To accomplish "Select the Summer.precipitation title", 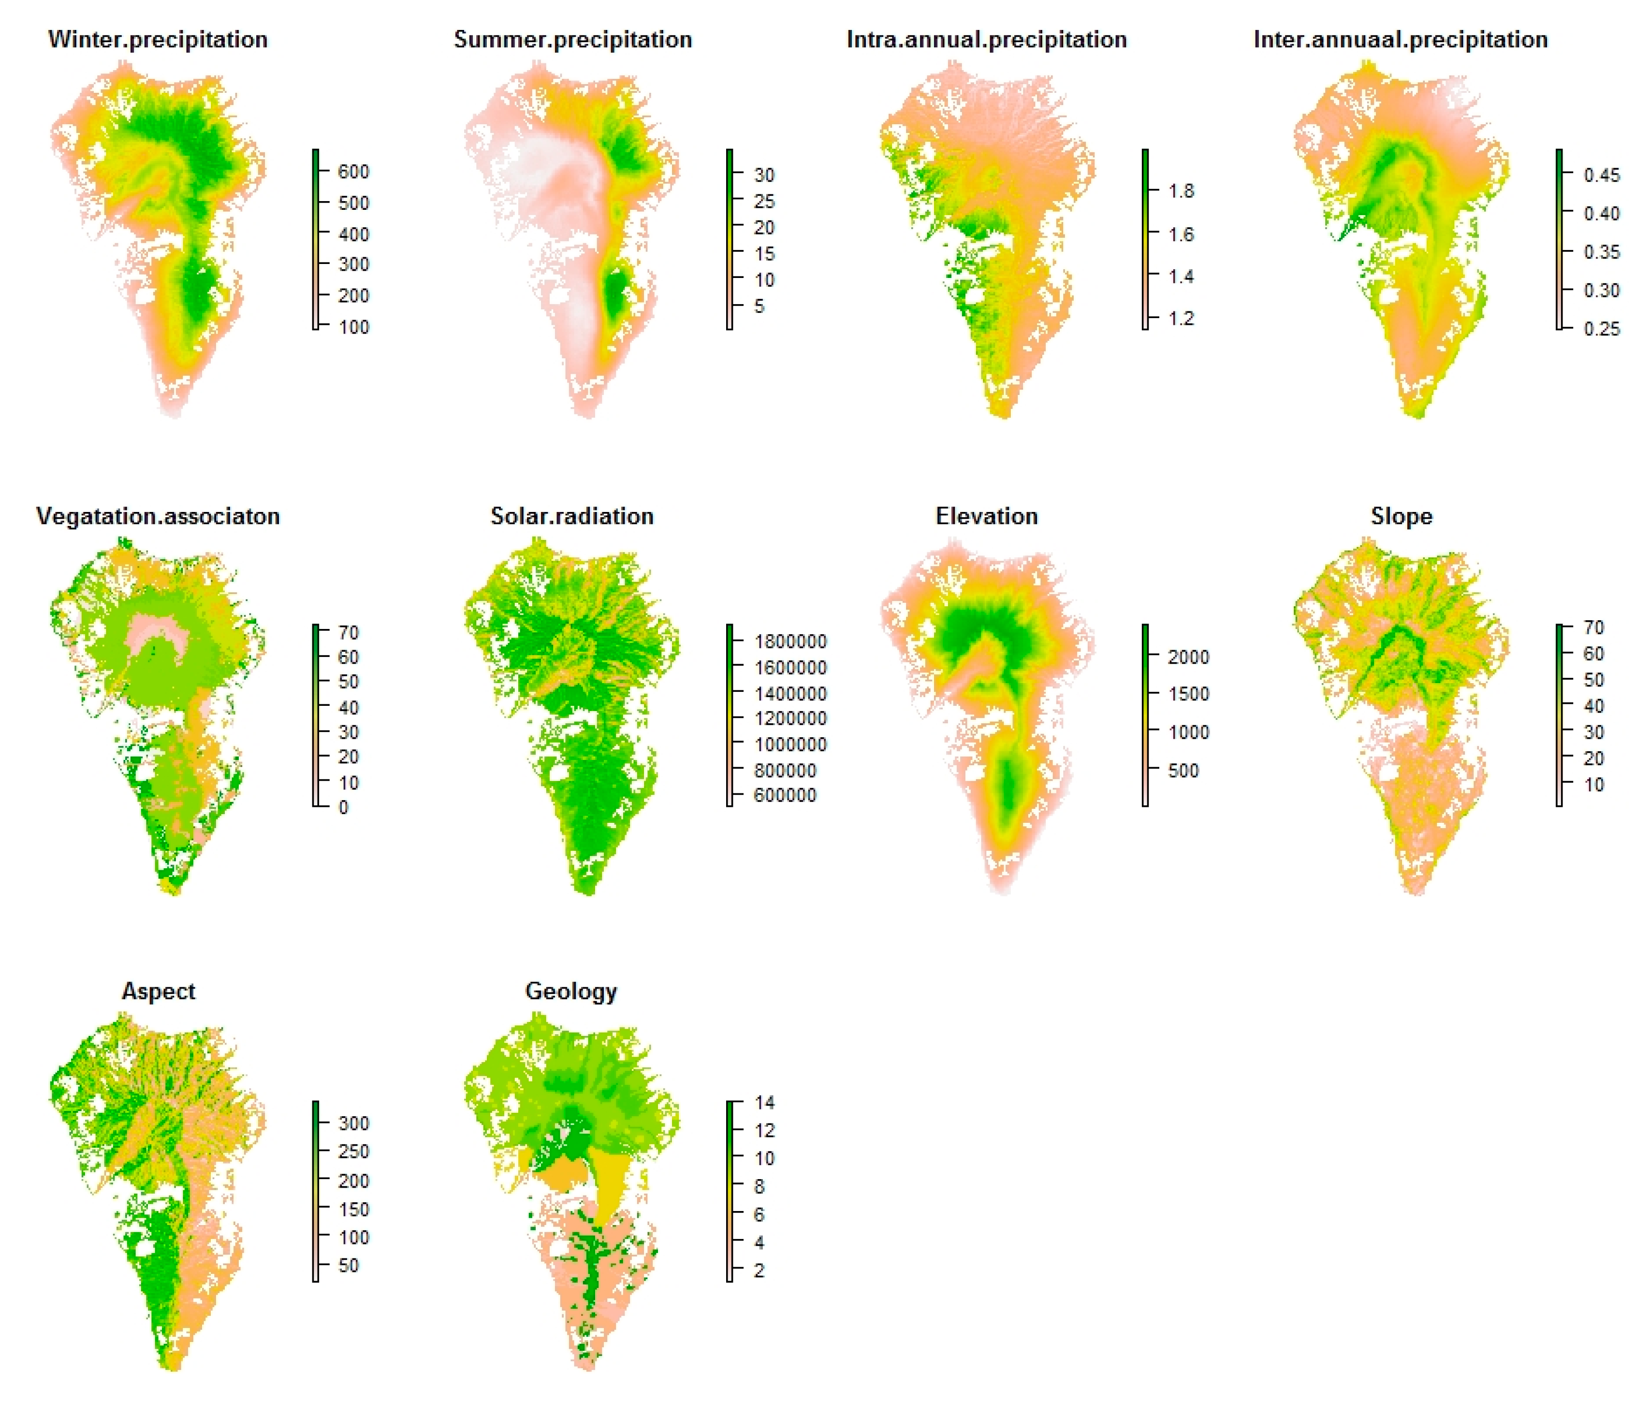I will coord(572,40).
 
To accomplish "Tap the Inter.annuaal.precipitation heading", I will coord(1400,40).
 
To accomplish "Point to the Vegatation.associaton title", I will coord(158,516).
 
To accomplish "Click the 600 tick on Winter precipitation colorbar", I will coord(353,172).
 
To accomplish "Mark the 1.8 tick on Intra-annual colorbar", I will coord(1181,190).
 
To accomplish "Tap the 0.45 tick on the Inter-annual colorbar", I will coord(1601,175).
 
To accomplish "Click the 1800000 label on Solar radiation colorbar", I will coord(789,641).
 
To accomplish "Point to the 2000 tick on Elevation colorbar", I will coord(1188,657).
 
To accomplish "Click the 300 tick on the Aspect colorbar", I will coord(353,1123).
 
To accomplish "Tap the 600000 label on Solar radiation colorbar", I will coord(785,795).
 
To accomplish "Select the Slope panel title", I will coord(1402,516).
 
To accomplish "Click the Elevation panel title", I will coord(986,516).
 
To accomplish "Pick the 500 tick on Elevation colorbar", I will coord(1183,771).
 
